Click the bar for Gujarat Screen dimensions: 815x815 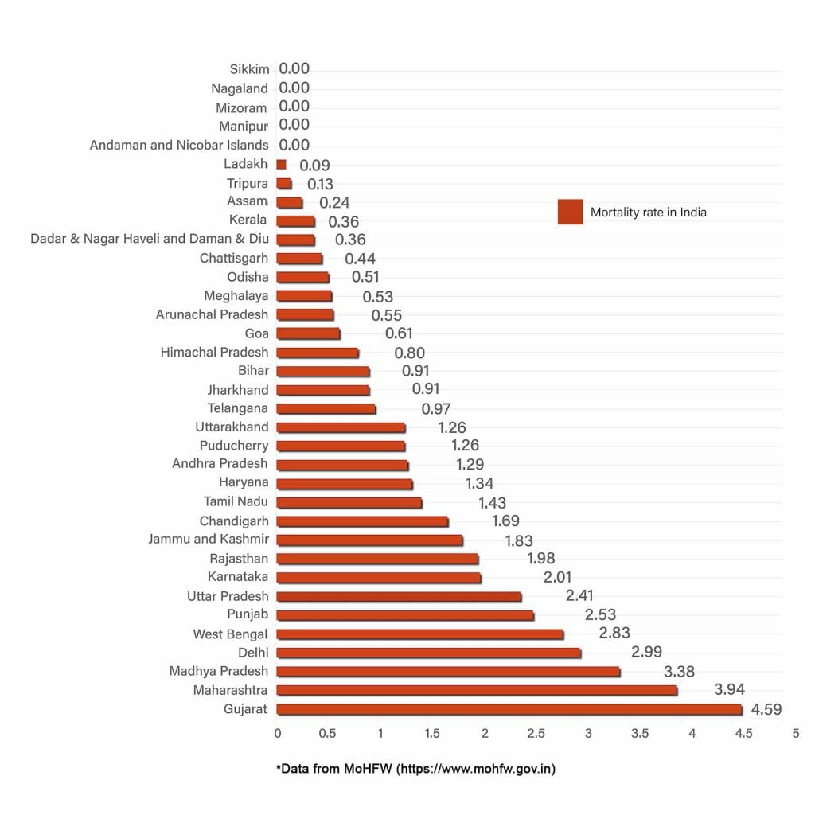pos(509,709)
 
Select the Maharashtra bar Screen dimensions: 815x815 pos(477,690)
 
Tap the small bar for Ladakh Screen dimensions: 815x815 pos(281,165)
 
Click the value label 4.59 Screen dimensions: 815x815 pos(766,709)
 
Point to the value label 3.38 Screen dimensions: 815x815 pos(679,672)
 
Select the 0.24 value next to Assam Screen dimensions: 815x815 pos(334,203)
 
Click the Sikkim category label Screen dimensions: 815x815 pos(250,70)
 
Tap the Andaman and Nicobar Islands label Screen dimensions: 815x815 pos(179,145)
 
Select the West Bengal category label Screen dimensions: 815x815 pos(231,634)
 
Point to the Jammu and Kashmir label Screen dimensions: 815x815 pos(209,540)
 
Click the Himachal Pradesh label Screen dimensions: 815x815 pos(215,352)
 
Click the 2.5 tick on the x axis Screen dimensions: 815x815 pos(536,733)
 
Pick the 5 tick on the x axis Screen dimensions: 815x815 pos(795,733)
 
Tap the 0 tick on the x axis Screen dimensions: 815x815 pos(277,733)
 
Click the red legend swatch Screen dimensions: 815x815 pos(570,212)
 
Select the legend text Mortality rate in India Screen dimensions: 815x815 pos(648,213)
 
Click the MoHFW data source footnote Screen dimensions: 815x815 pos(415,769)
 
